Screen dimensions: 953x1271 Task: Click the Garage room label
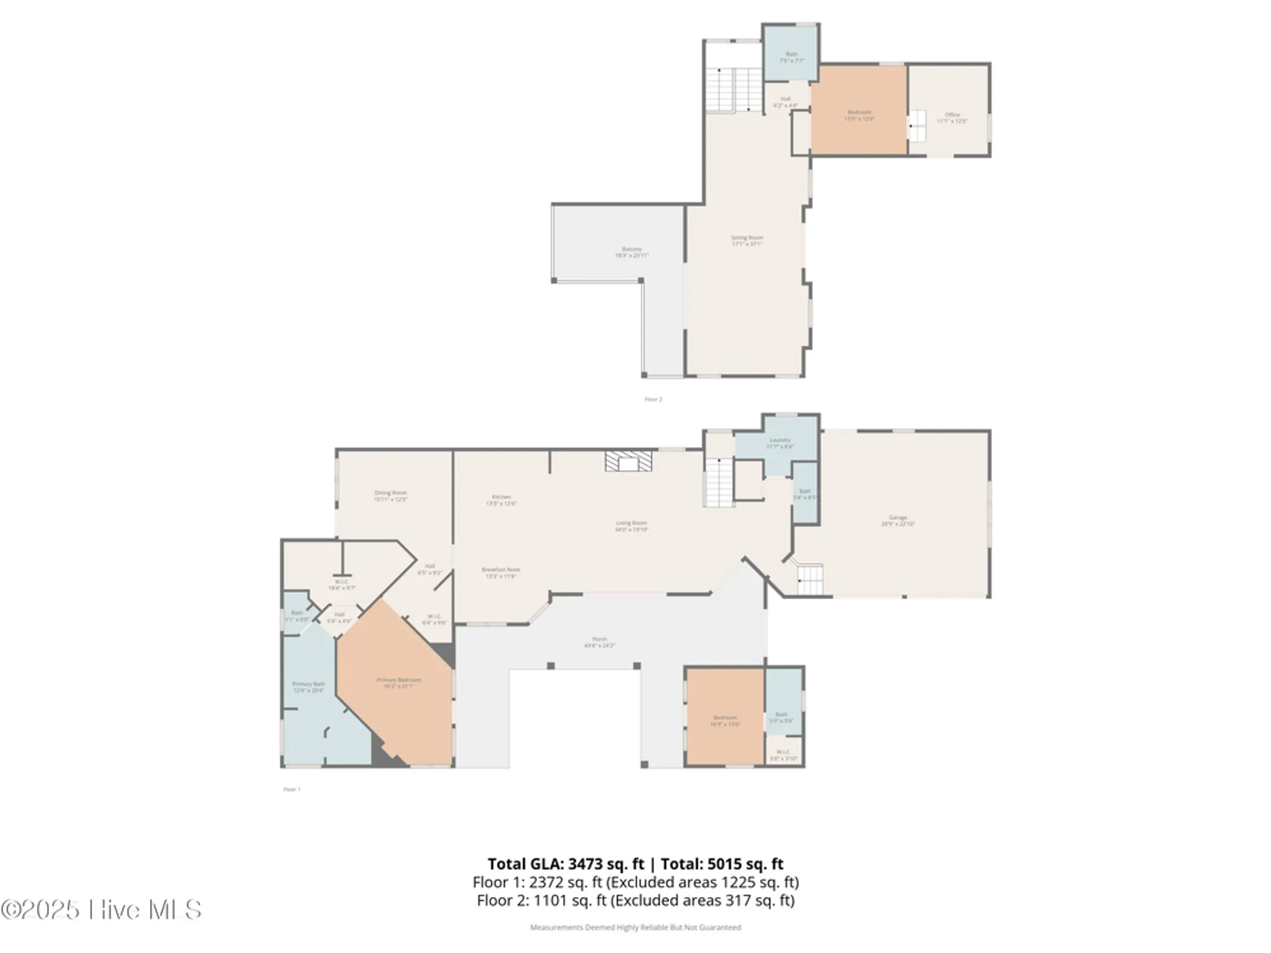coord(897,520)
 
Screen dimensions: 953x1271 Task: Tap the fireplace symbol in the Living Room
coord(629,461)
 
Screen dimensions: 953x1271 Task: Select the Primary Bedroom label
coord(398,682)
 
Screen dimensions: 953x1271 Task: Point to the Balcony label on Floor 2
coord(632,252)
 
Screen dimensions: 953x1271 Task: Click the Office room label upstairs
coord(951,118)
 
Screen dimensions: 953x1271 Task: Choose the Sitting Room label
coord(747,240)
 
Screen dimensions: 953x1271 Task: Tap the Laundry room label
coord(780,443)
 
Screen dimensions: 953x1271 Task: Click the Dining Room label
coord(390,496)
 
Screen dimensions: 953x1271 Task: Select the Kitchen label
coord(501,499)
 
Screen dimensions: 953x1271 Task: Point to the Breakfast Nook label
coord(501,572)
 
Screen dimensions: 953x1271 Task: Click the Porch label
coord(599,642)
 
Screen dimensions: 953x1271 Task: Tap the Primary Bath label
coord(309,687)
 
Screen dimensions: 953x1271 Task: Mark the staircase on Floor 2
coord(733,89)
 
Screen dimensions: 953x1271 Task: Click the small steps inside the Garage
coord(810,579)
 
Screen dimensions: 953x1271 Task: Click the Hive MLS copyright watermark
coord(102,910)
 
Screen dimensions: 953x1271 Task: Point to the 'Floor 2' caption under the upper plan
coord(653,399)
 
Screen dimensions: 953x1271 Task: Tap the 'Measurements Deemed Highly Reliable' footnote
coord(635,928)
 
